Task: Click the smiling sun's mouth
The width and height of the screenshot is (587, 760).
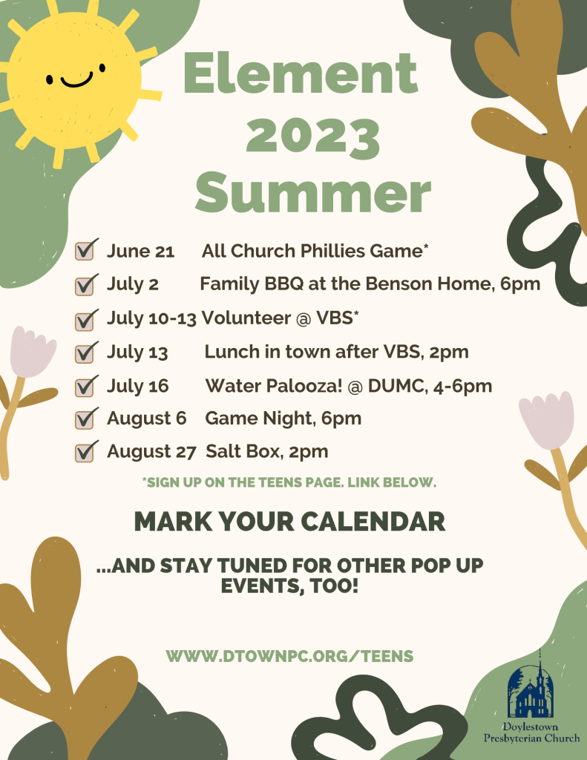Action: pyautogui.click(x=76, y=81)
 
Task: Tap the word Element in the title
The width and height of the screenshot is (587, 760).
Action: pyautogui.click(x=301, y=73)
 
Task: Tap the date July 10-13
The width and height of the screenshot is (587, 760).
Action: pyautogui.click(x=151, y=318)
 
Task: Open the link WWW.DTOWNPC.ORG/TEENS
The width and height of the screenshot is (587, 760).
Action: pyautogui.click(x=289, y=656)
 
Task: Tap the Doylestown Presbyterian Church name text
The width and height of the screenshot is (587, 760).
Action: pyautogui.click(x=531, y=733)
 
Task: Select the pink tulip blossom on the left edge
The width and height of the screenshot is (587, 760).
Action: pyautogui.click(x=31, y=351)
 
